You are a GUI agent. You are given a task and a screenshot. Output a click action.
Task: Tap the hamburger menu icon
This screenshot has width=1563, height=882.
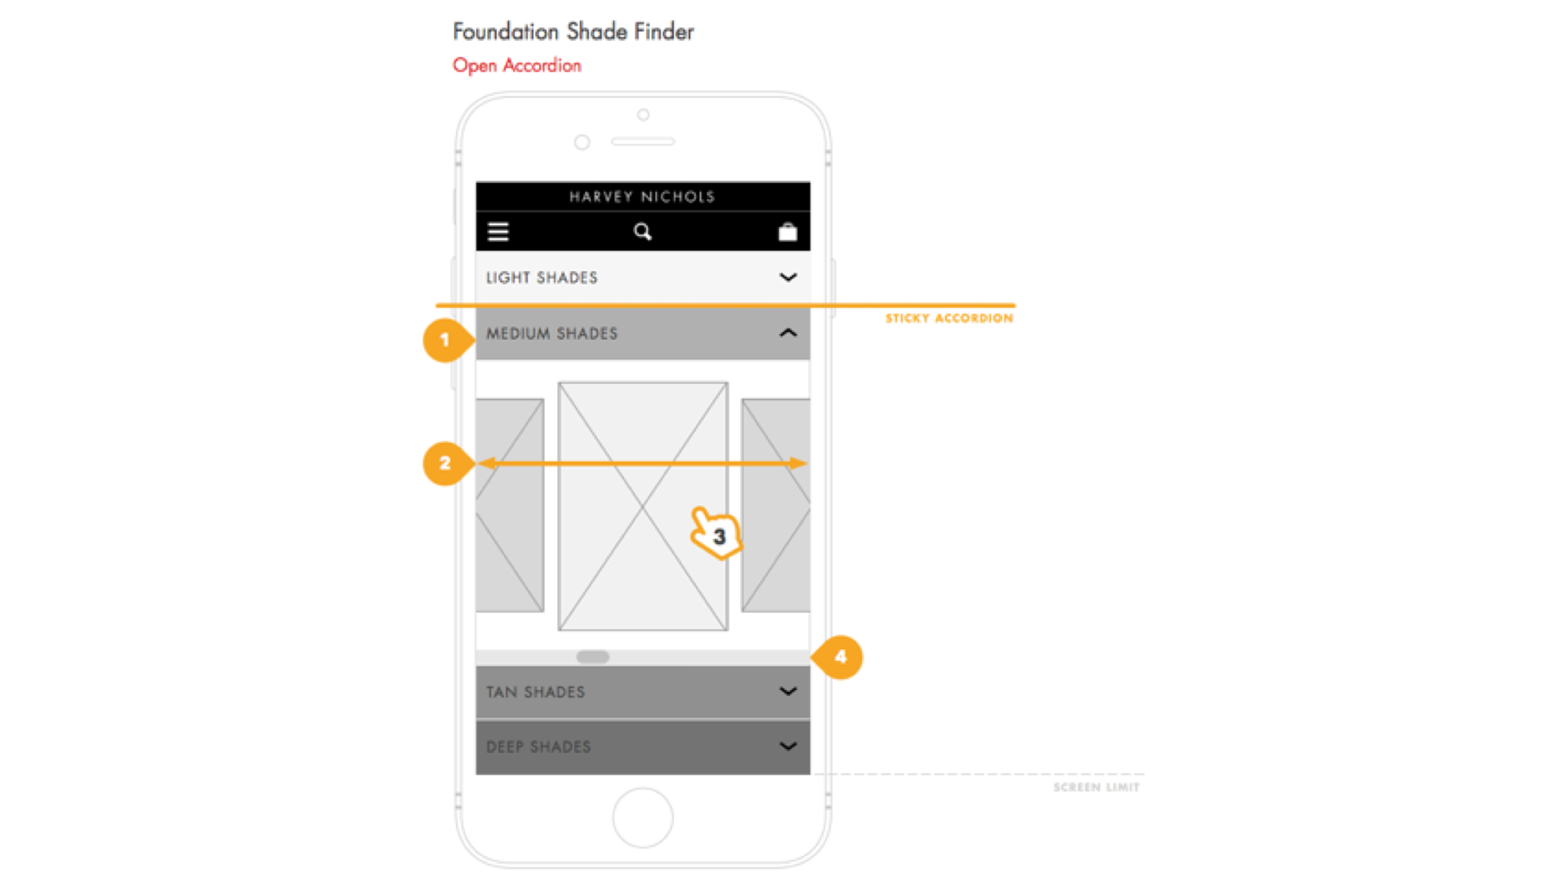point(498,232)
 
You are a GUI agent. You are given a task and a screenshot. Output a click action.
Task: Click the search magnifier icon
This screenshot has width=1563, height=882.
point(642,232)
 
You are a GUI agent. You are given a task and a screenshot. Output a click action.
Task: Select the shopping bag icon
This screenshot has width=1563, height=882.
point(788,232)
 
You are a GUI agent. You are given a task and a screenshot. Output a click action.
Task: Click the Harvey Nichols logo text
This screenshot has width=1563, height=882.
point(642,197)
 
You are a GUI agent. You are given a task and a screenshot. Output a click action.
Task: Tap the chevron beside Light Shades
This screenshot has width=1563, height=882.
point(788,277)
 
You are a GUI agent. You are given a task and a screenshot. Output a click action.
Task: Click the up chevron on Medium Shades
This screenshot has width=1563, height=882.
point(788,333)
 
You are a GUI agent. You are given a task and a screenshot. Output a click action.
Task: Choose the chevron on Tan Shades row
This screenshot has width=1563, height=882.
point(788,691)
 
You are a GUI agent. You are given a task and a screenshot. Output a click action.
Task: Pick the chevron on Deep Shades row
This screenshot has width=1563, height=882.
point(788,747)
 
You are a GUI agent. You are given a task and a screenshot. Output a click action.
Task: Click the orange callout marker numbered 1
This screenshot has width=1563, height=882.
point(447,340)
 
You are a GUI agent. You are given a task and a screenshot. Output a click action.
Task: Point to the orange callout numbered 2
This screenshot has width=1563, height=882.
point(447,463)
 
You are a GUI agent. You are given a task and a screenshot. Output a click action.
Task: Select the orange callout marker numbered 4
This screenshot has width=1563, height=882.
point(838,657)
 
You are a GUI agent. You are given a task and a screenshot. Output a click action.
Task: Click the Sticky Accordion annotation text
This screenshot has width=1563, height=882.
point(949,318)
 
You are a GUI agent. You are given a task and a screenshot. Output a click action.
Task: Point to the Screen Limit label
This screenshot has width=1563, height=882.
point(1096,787)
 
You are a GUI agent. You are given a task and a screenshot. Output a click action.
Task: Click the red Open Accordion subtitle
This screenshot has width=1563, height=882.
point(517,66)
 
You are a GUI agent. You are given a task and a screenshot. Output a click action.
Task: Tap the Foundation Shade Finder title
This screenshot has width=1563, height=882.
point(573,31)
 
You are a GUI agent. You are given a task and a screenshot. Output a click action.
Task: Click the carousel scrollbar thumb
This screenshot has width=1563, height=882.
point(592,657)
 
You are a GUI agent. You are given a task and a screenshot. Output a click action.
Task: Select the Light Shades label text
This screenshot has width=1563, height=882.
point(541,278)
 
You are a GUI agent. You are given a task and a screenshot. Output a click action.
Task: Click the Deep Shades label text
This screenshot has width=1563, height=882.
point(538,747)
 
